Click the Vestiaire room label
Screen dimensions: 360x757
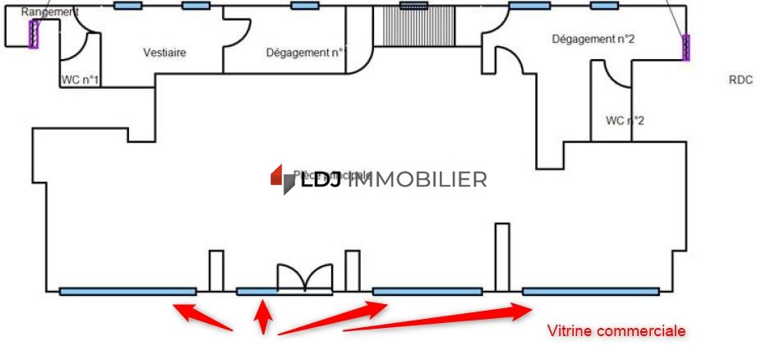pyautogui.click(x=164, y=53)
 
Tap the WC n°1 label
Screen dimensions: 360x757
pyautogui.click(x=80, y=81)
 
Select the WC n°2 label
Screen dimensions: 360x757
pyautogui.click(x=625, y=120)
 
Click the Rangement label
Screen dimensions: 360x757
pyautogui.click(x=49, y=12)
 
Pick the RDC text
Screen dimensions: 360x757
pyautogui.click(x=740, y=80)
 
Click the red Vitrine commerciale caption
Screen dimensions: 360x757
pyautogui.click(x=616, y=330)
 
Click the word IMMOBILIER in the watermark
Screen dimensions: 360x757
pyautogui.click(x=419, y=179)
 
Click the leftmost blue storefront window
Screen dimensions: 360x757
pyautogui.click(x=127, y=291)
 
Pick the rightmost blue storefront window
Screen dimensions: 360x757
pyautogui.click(x=590, y=291)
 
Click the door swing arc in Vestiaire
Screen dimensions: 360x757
pyautogui.click(x=236, y=34)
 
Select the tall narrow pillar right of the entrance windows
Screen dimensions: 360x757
pyautogui.click(x=501, y=256)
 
